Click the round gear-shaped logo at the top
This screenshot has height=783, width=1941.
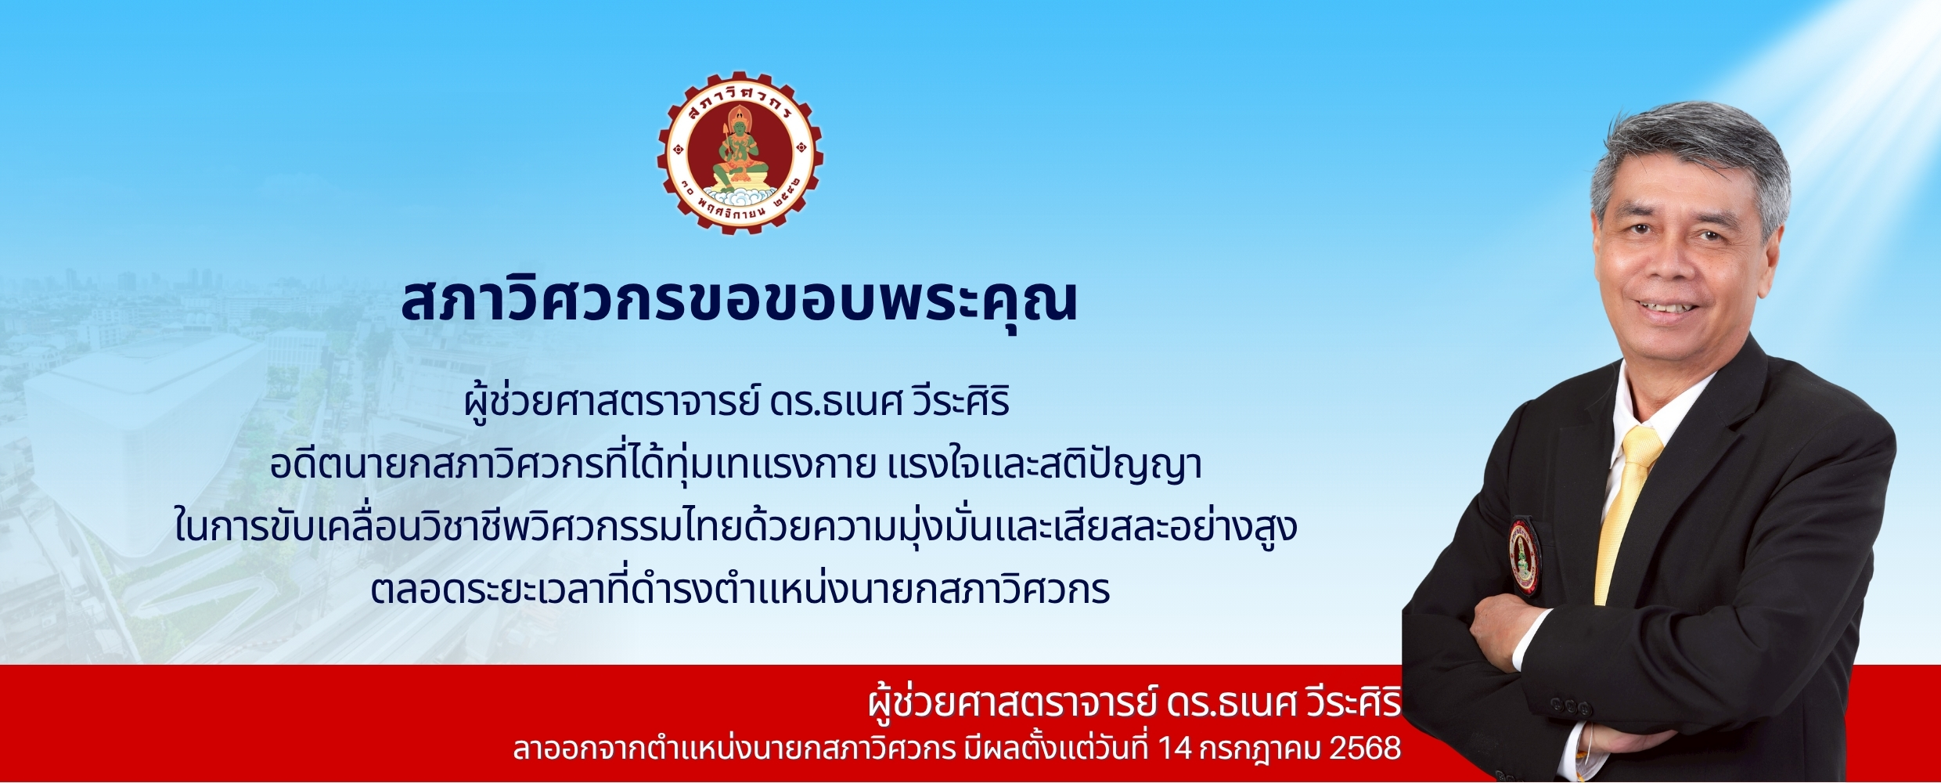[x=740, y=153]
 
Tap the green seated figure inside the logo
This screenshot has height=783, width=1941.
[x=735, y=153]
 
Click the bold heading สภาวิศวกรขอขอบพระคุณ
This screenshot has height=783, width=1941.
[x=740, y=301]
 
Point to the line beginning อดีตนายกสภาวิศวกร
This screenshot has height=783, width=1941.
[x=736, y=467]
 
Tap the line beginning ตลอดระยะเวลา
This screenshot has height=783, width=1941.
[x=740, y=589]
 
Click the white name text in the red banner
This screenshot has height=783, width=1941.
[x=1135, y=703]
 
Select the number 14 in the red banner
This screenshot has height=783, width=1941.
[x=1175, y=749]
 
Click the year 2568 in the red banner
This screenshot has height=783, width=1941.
[x=1366, y=749]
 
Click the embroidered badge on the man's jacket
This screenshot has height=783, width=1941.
[x=1524, y=557]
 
